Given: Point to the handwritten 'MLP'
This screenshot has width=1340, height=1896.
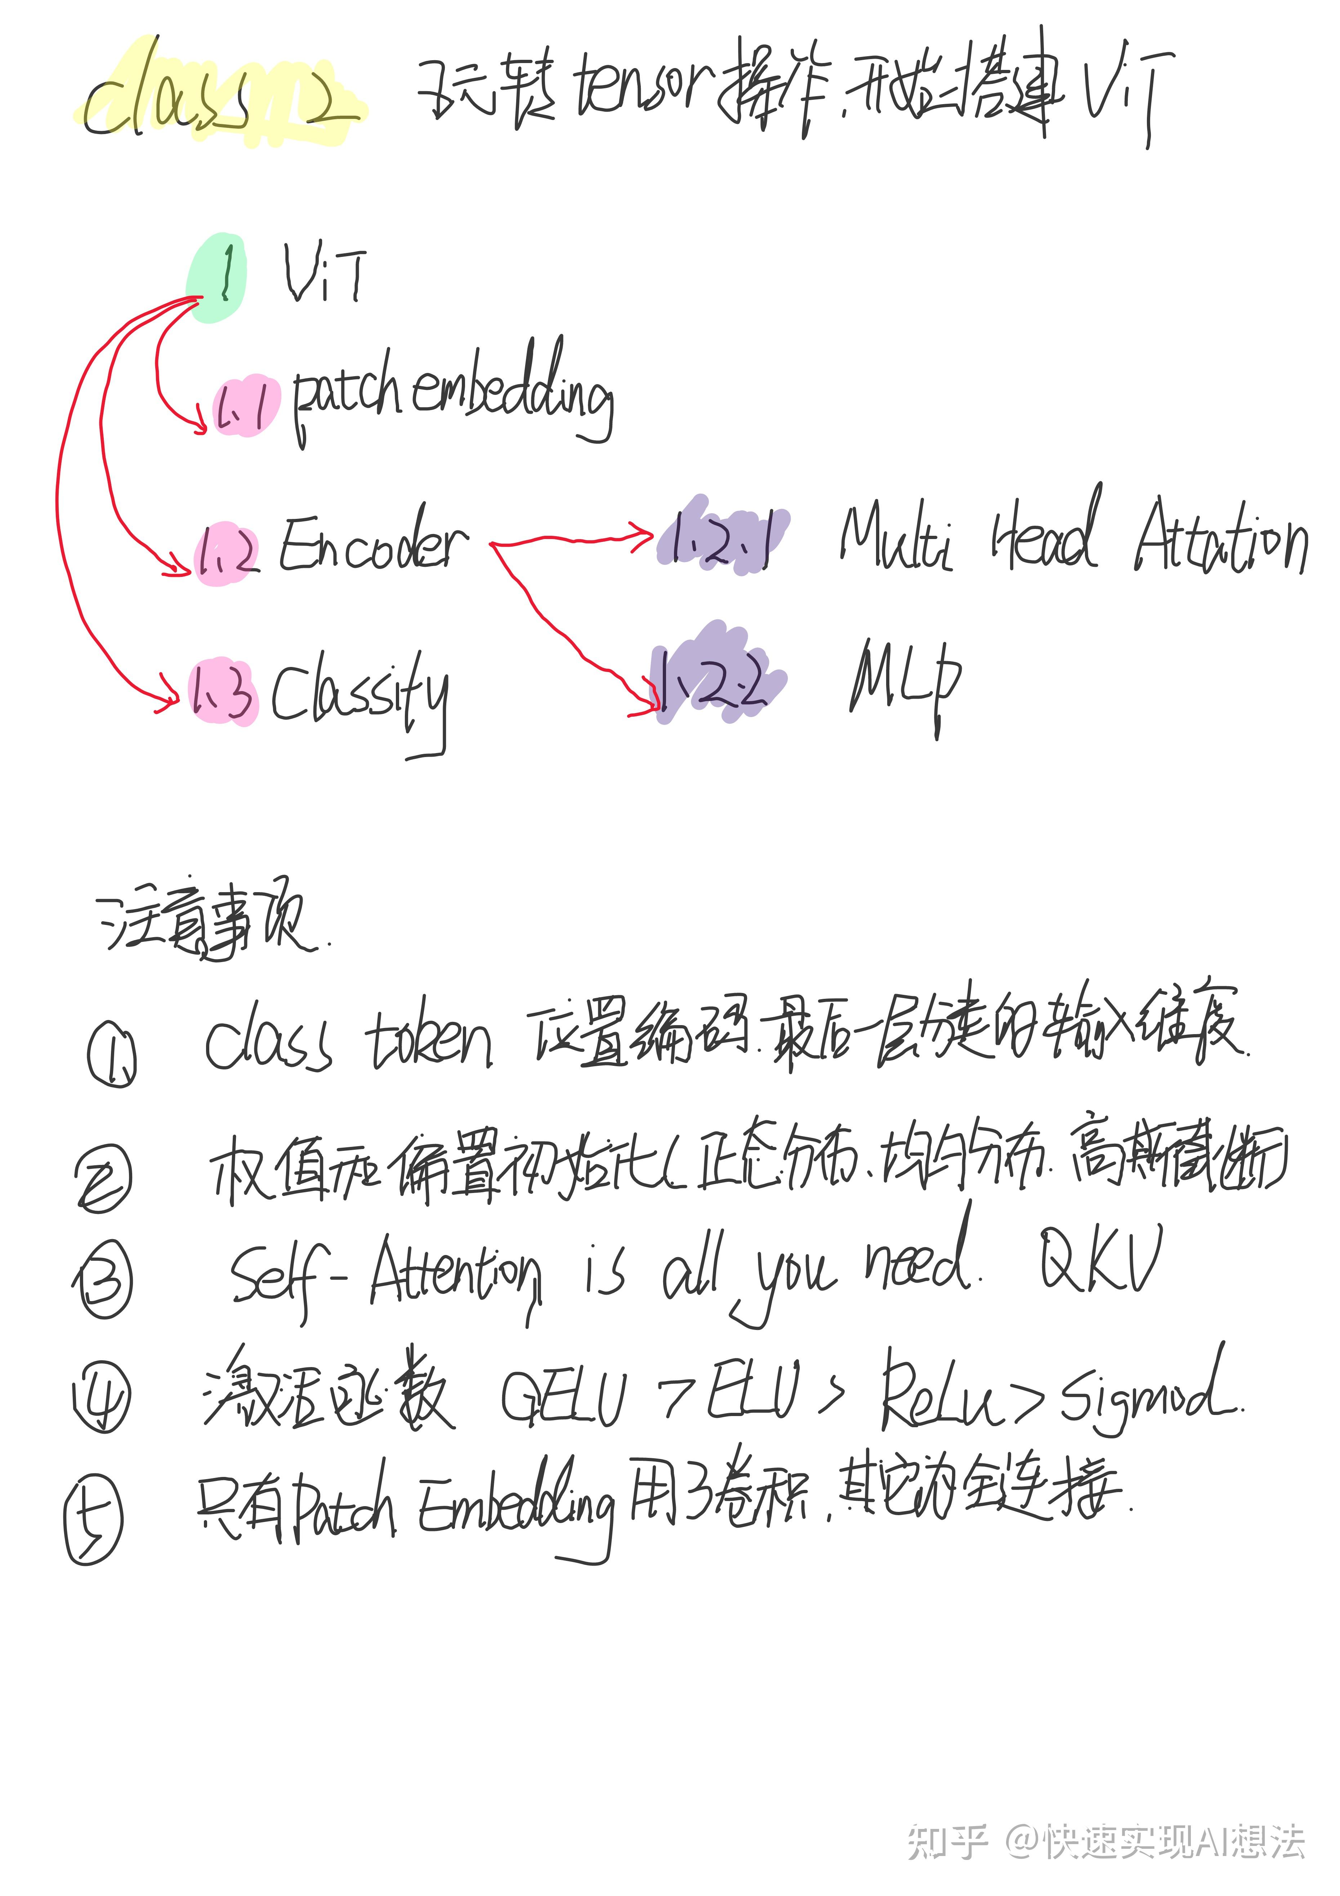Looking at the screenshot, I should click(x=904, y=681).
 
